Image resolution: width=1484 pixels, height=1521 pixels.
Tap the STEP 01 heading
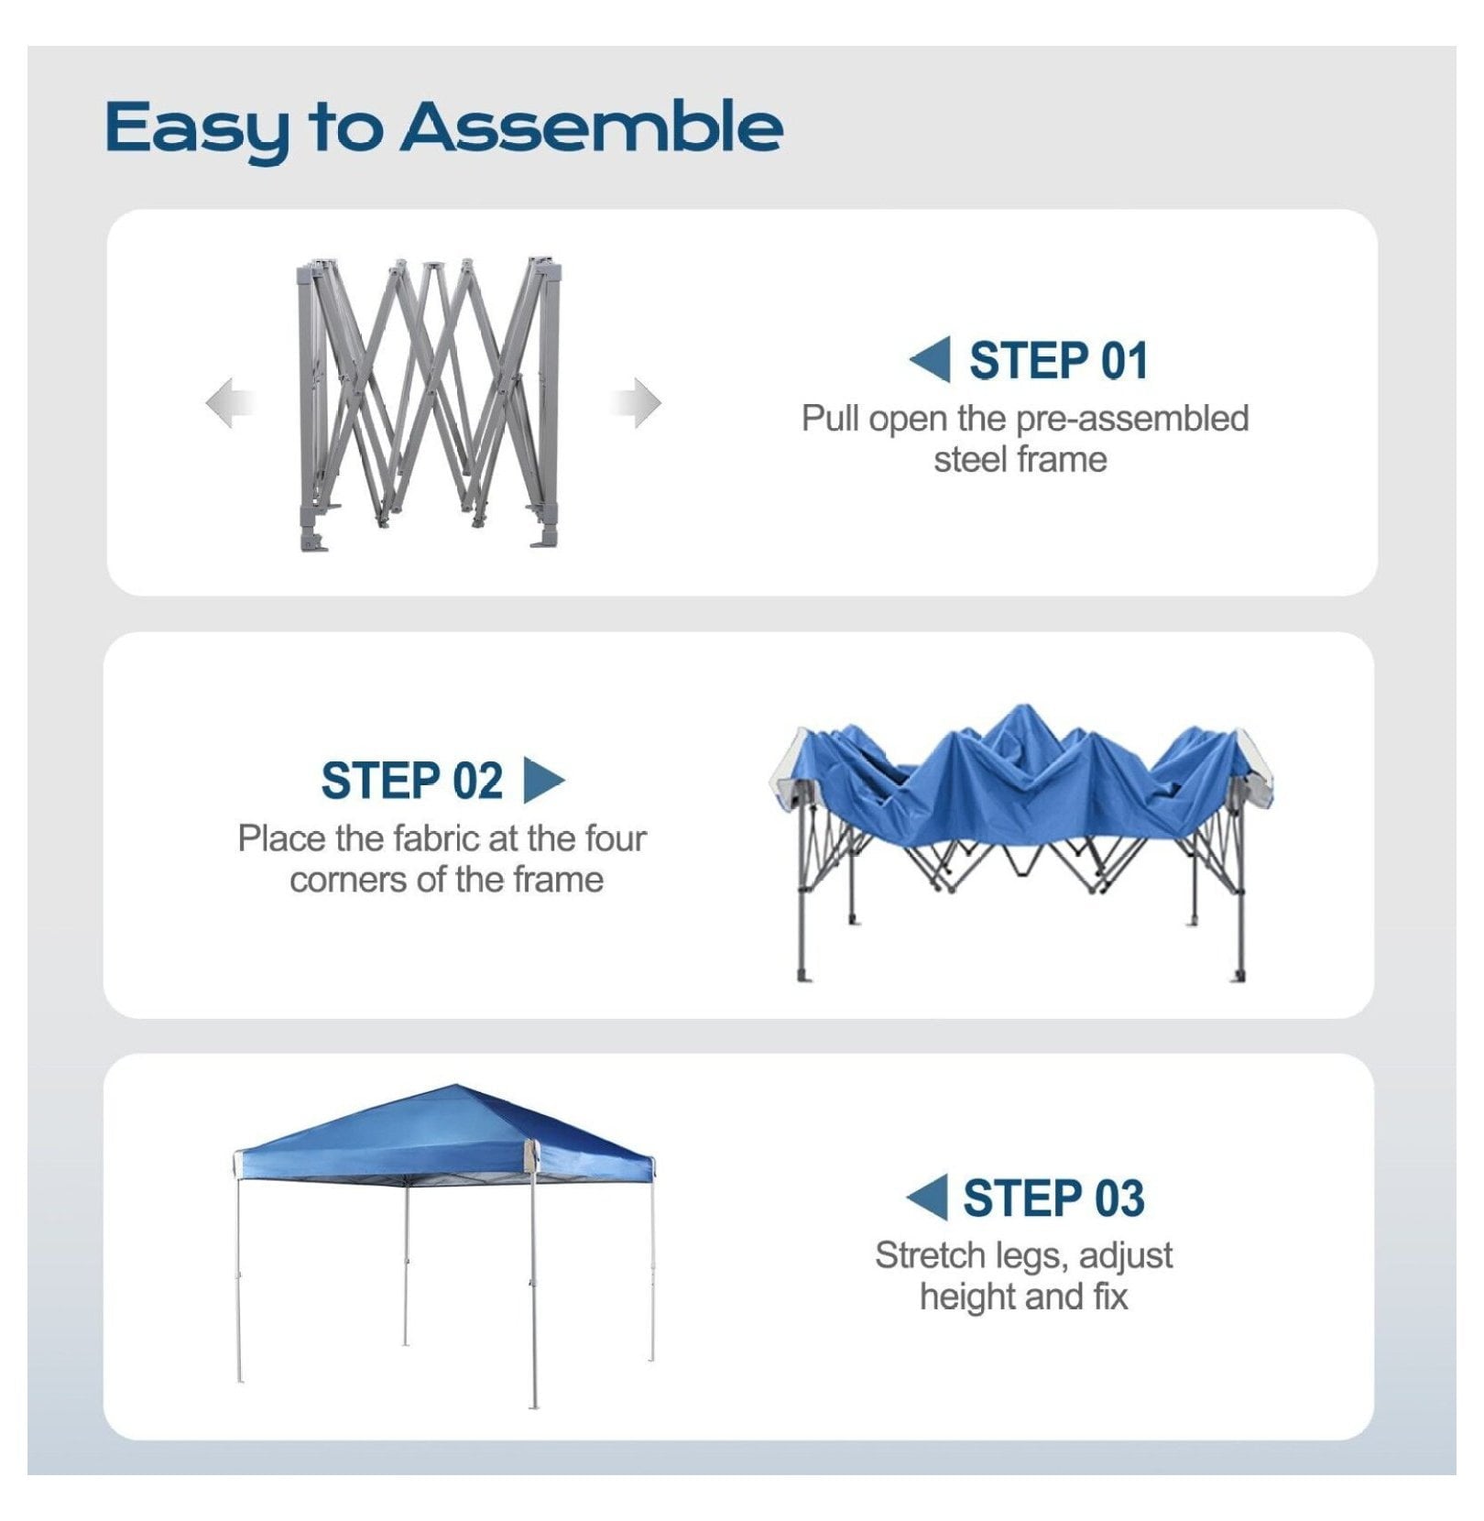[x=1058, y=360]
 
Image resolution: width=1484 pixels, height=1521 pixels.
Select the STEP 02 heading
[x=411, y=781]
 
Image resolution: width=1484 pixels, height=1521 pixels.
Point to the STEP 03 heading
[x=1053, y=1198]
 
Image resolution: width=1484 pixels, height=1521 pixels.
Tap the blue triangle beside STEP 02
[x=544, y=780]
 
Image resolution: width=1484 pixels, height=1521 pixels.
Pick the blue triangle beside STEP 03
[x=926, y=1198]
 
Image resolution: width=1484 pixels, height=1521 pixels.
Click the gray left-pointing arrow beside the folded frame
[x=228, y=402]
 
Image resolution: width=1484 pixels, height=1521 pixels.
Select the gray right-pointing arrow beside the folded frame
[x=636, y=402]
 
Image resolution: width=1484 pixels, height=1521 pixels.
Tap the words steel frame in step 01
[x=1020, y=459]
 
